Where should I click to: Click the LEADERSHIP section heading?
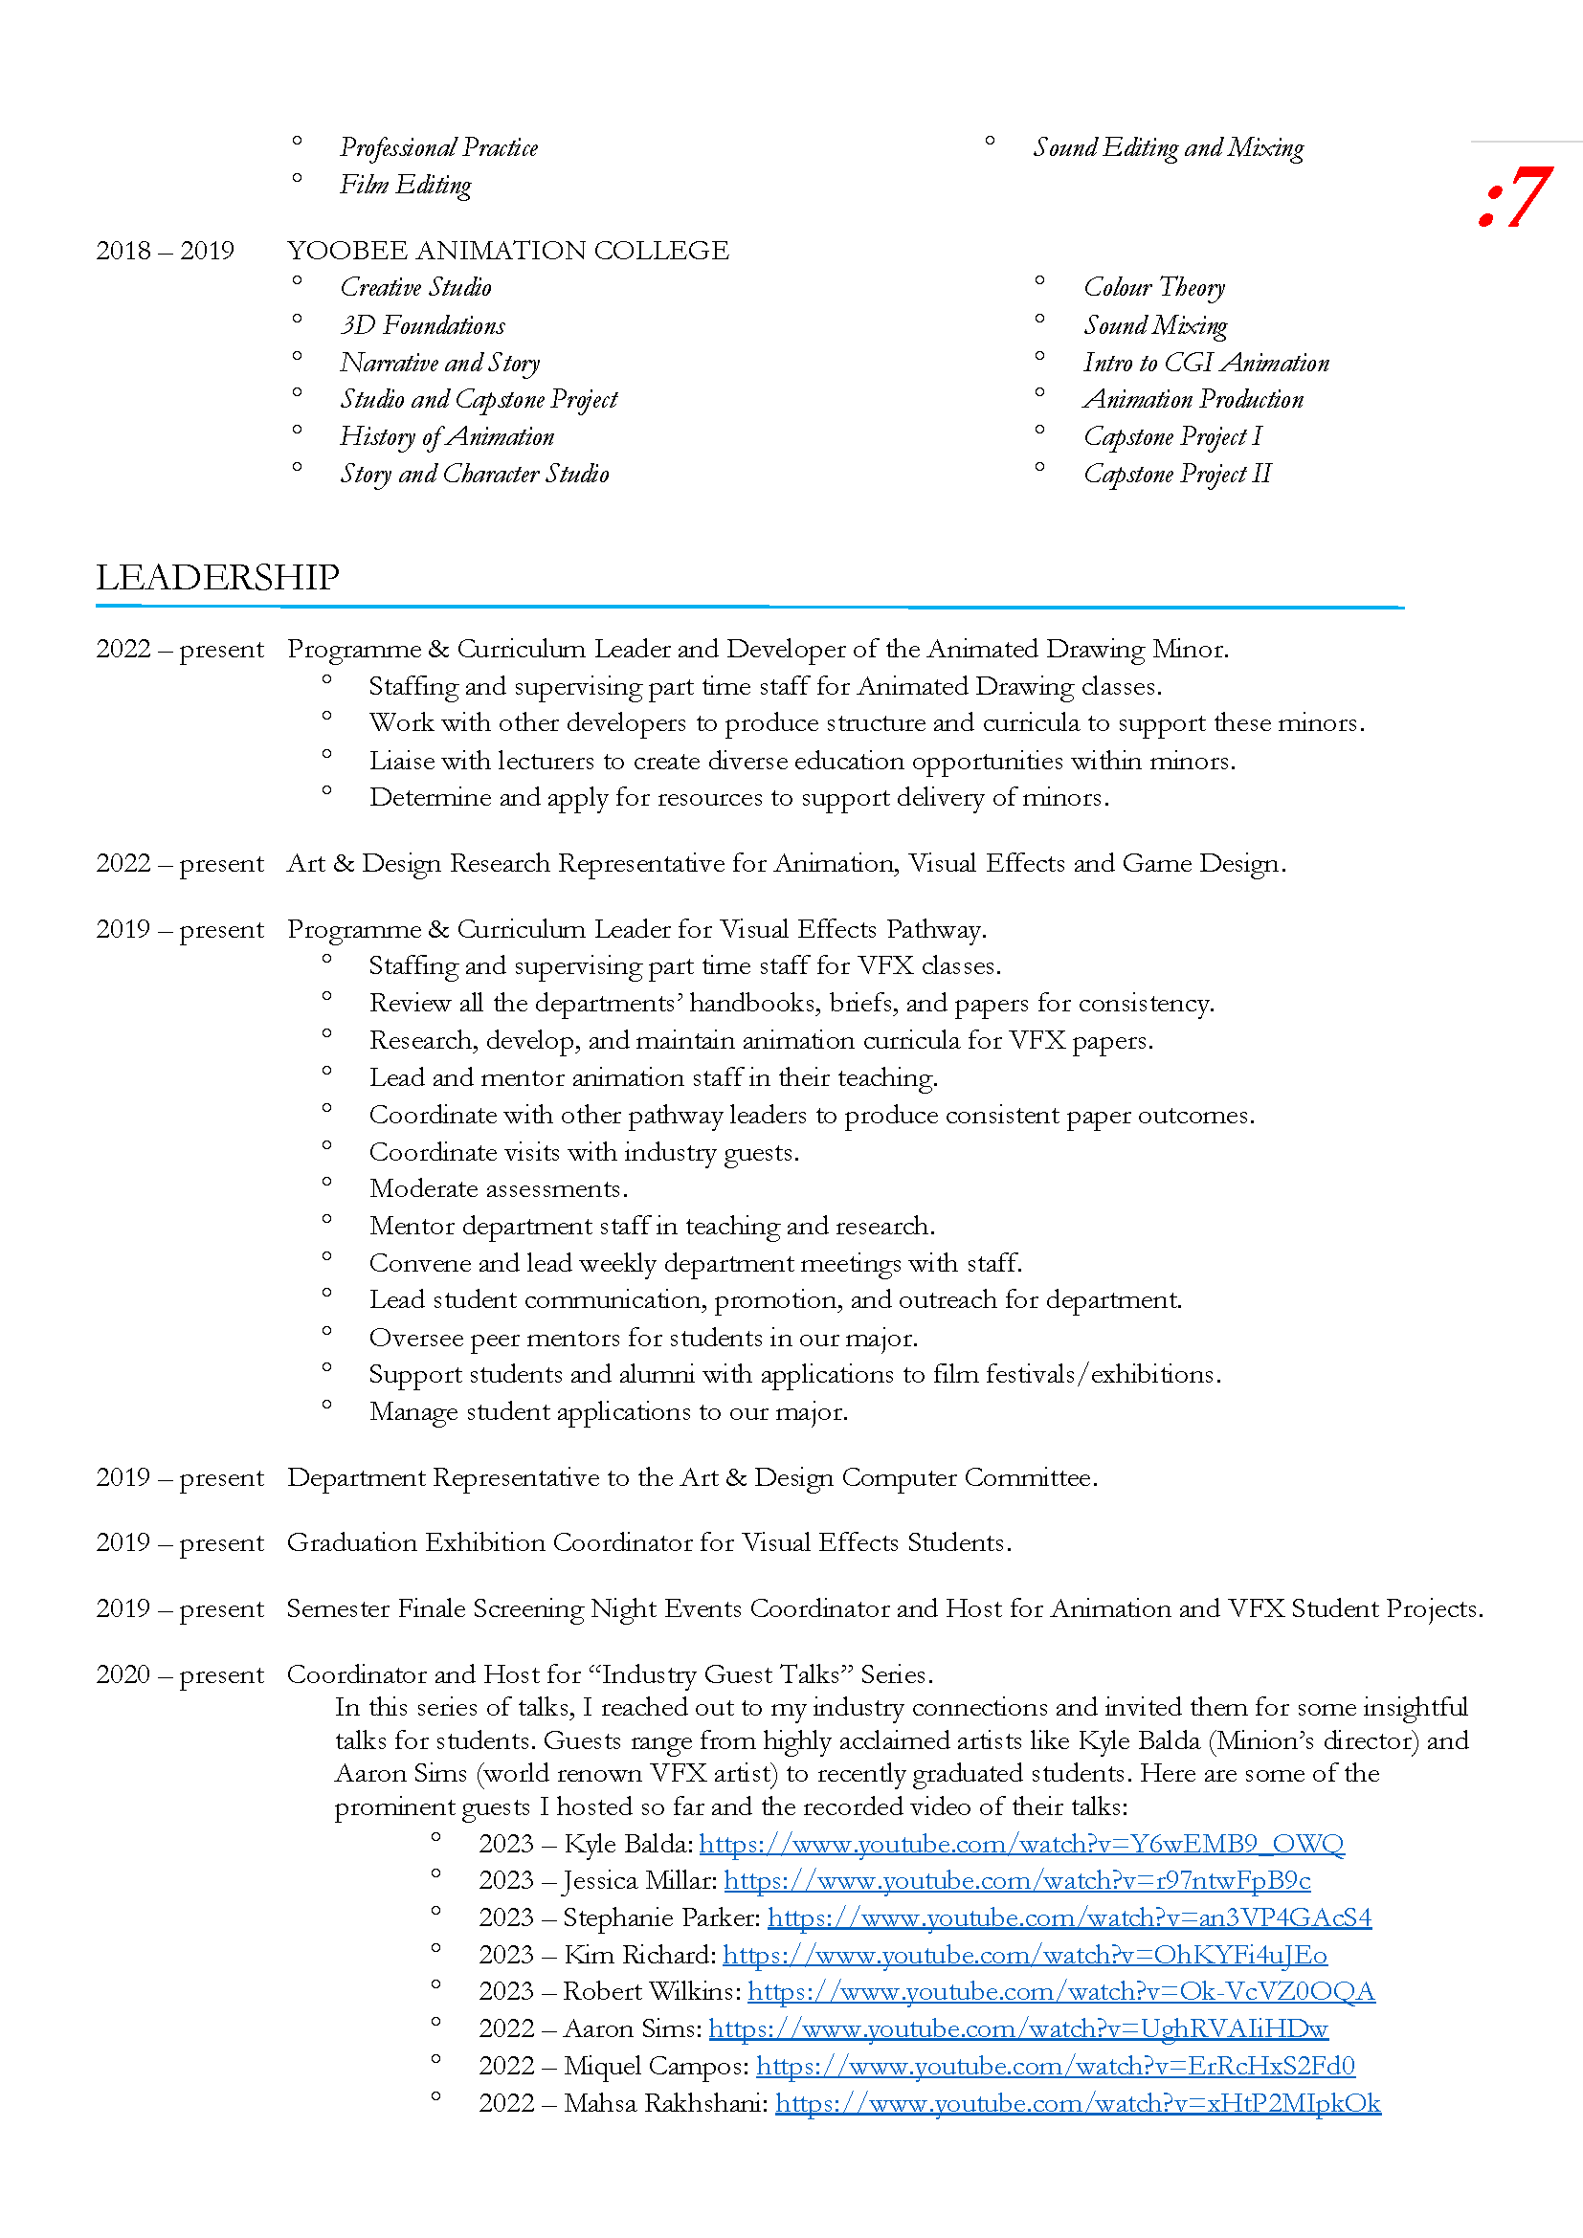[x=217, y=577]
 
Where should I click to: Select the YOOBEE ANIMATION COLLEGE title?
[x=508, y=251]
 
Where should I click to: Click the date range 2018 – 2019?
[x=165, y=251]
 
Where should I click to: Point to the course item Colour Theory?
[x=1154, y=288]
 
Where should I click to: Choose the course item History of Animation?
[x=446, y=436]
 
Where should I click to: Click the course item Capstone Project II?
[x=1176, y=474]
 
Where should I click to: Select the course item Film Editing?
[x=405, y=186]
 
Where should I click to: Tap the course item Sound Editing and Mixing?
[x=1168, y=148]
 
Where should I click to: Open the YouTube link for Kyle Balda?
[x=1020, y=1844]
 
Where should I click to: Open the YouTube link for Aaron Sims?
[x=1017, y=2028]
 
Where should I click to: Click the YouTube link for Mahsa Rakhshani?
[x=1077, y=2103]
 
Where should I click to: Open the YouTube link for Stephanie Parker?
[x=1068, y=1918]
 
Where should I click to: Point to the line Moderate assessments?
[x=498, y=1189]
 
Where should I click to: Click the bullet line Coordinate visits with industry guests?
[x=584, y=1152]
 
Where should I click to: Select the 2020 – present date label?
[x=179, y=1674]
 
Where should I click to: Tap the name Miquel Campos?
[x=655, y=2067]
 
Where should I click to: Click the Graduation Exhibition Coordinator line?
[x=648, y=1543]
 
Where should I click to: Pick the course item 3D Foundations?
[x=422, y=325]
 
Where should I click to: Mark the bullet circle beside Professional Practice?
[x=298, y=143]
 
